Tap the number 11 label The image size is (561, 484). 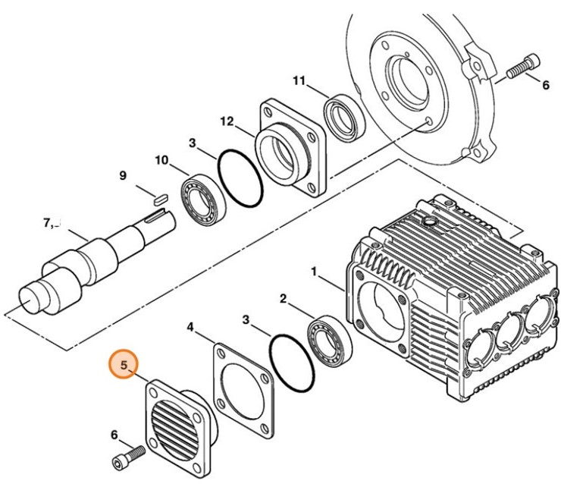[x=299, y=81]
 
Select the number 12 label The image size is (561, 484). [x=227, y=121]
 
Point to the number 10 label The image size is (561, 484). [x=161, y=160]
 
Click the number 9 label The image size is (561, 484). [x=123, y=176]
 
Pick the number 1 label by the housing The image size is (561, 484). [x=314, y=272]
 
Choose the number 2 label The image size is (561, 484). [x=283, y=299]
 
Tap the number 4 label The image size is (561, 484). [x=190, y=327]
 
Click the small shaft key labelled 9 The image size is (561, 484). [x=160, y=199]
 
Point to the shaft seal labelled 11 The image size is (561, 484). [x=344, y=117]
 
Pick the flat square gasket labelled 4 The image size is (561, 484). [x=243, y=391]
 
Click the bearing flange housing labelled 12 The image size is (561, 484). [x=291, y=149]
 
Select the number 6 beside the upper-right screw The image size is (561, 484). [x=545, y=85]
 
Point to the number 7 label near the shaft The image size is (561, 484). [x=47, y=223]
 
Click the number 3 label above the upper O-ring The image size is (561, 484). [x=193, y=143]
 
